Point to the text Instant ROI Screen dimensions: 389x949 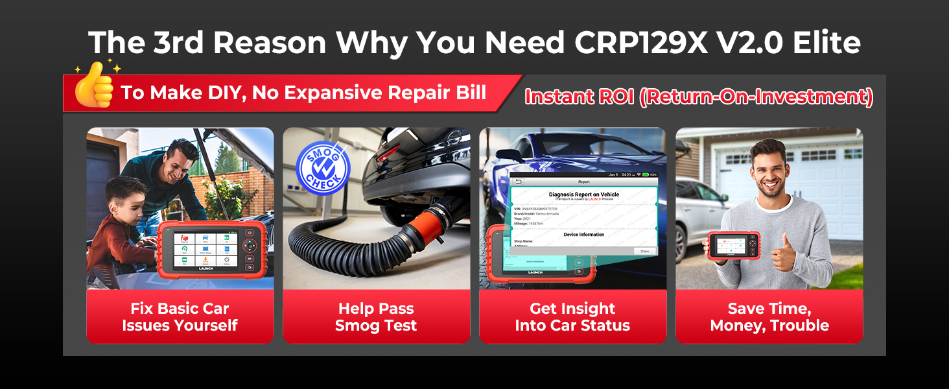tap(578, 97)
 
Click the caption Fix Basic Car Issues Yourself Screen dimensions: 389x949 tap(180, 317)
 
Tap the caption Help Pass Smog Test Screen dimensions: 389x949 tap(376, 317)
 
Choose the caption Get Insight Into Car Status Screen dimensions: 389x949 tap(572, 317)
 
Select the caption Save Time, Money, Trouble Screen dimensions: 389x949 tap(769, 317)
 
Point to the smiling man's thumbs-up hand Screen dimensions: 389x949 tap(785, 253)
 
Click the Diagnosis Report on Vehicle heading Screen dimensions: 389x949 tap(583, 194)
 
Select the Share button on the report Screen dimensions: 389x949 tap(644, 251)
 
